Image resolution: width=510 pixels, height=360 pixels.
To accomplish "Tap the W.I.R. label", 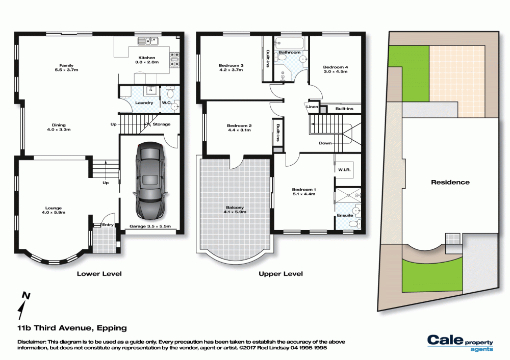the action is (x=344, y=170).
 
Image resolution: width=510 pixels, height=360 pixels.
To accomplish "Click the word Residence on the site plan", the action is (x=450, y=183).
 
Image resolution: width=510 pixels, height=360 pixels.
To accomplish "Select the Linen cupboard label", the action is (x=312, y=107).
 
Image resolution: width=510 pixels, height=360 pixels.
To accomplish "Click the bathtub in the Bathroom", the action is (x=289, y=43).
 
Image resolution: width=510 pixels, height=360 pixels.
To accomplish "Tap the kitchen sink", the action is (x=148, y=41).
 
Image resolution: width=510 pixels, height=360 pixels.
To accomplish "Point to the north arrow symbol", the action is (x=23, y=305).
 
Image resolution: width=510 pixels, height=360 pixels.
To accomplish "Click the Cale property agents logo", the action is (x=460, y=343).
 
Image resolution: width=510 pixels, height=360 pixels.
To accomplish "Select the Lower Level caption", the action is (x=99, y=274).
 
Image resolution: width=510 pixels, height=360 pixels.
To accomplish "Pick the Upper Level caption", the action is (x=280, y=274).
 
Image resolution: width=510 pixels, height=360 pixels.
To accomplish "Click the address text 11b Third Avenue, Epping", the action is (x=72, y=328).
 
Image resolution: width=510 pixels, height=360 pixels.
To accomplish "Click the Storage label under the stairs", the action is (x=161, y=124).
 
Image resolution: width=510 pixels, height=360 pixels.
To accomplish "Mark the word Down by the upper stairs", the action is (x=325, y=143).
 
